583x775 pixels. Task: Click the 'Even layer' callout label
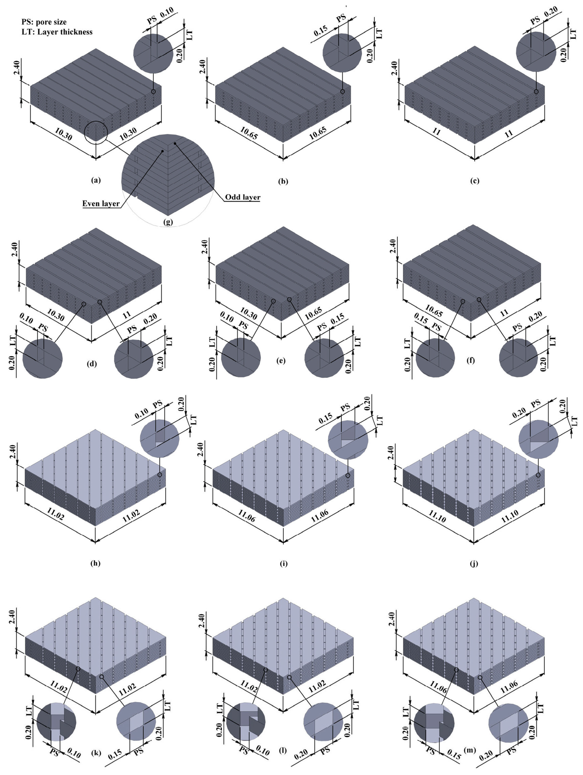coord(101,204)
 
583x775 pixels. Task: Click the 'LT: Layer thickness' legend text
coord(57,32)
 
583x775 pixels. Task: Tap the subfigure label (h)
coord(95,563)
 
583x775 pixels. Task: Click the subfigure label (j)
coord(474,563)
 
